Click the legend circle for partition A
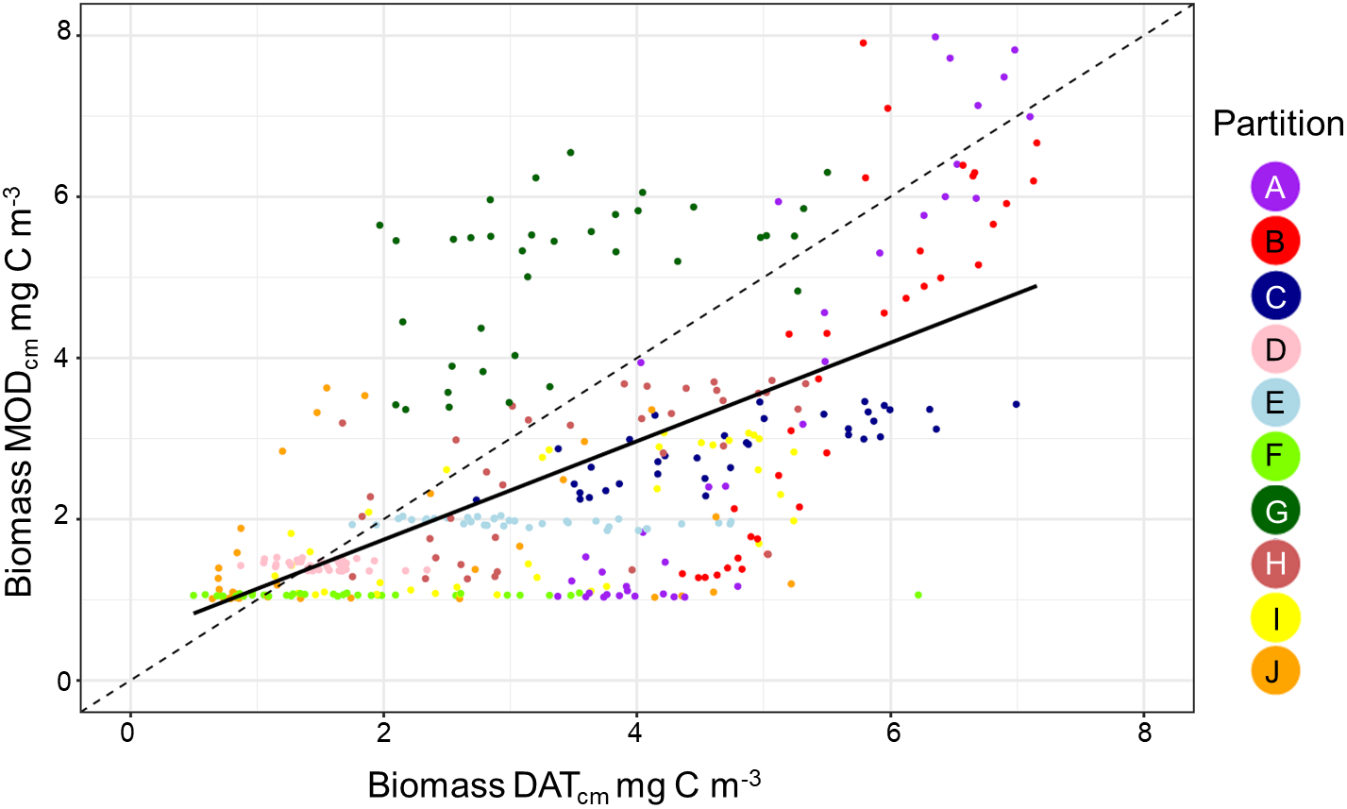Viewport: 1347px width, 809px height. point(1274,187)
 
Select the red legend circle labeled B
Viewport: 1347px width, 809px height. point(1274,242)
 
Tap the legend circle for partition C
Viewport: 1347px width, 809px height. point(1274,296)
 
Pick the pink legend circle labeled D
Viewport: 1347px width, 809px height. point(1274,350)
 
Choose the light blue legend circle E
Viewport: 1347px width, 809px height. point(1274,403)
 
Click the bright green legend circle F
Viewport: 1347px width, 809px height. point(1274,457)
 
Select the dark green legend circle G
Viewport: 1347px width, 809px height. point(1274,511)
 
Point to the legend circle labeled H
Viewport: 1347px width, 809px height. point(1274,565)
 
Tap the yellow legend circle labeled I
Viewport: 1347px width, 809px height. point(1274,618)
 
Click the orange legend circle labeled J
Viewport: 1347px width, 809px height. point(1274,671)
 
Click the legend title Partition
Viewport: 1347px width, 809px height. point(1277,124)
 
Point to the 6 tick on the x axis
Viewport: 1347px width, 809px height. point(890,733)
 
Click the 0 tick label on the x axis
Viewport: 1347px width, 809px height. point(128,733)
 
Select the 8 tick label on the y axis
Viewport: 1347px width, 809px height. point(64,35)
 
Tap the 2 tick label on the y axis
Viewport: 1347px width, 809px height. point(64,519)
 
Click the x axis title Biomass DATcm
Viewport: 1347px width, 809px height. point(564,785)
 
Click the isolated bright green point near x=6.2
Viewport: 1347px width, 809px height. point(918,595)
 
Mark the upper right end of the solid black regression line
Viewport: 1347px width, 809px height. point(1036,285)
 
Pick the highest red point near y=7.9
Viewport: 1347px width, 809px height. point(863,42)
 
